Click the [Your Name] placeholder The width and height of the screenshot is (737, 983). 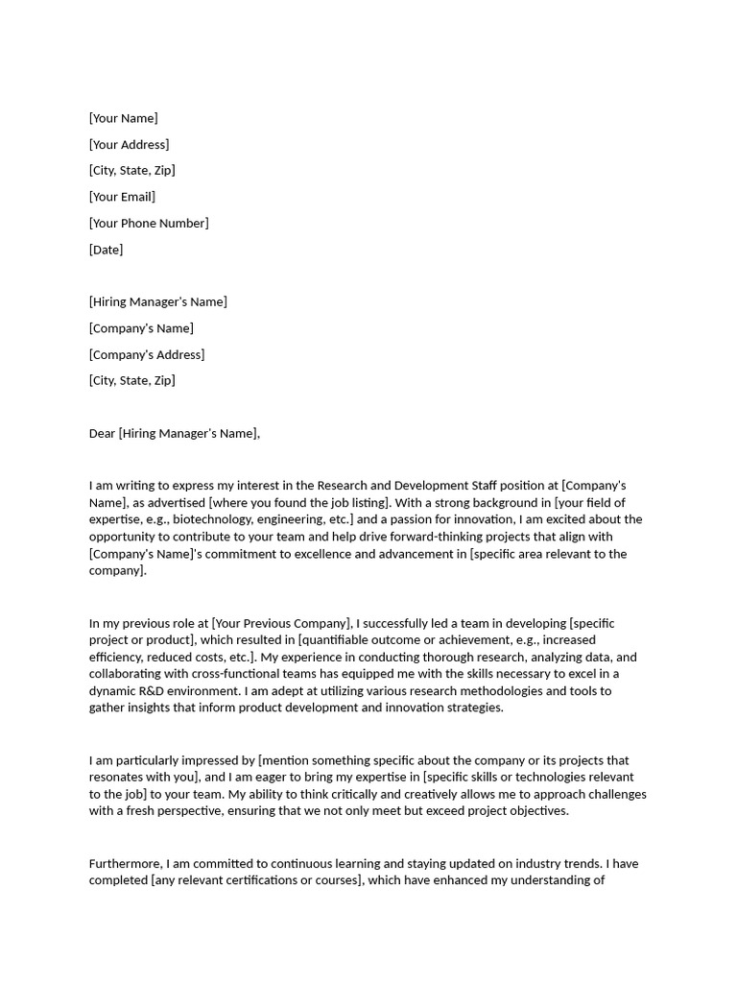[x=123, y=118]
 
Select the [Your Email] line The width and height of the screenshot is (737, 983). [x=122, y=197]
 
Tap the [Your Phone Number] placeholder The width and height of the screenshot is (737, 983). [x=149, y=223]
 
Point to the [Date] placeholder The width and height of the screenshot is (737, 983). [x=106, y=250]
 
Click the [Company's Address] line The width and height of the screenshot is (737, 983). [x=147, y=354]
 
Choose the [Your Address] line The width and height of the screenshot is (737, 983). [x=129, y=144]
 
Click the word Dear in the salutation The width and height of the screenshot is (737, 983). [x=102, y=433]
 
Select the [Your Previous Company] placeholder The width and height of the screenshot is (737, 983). [x=282, y=623]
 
